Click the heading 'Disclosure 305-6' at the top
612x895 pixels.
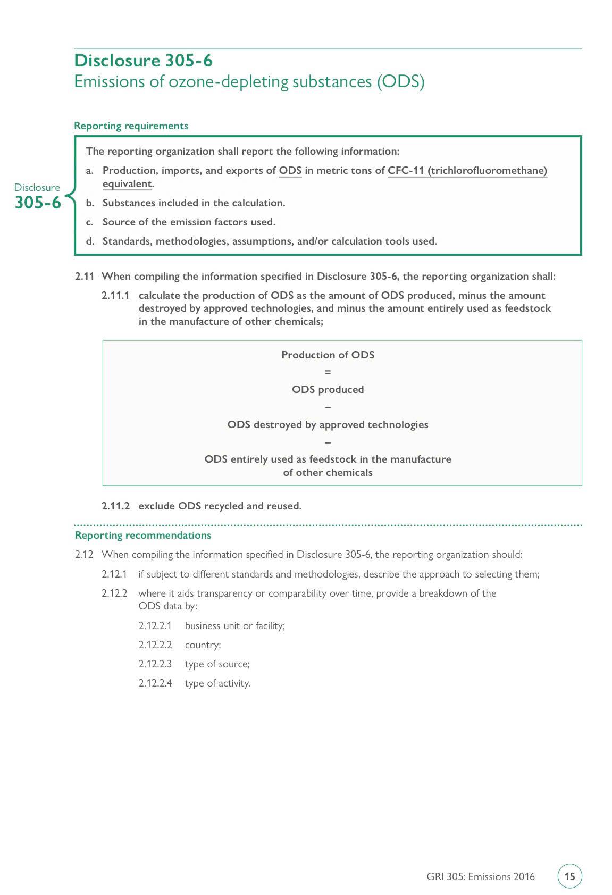[143, 61]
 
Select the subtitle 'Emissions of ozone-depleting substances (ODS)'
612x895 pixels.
[249, 82]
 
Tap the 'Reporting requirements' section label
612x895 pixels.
[131, 126]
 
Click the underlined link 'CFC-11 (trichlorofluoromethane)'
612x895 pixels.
[467, 171]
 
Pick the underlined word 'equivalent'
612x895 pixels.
[127, 184]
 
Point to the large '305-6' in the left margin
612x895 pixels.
[38, 203]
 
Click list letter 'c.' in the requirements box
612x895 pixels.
[90, 222]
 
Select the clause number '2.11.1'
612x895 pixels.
[115, 296]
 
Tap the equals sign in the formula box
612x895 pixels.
[328, 372]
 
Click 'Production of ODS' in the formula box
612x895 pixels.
[328, 355]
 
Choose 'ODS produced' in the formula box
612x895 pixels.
[328, 390]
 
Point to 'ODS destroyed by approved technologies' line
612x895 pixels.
[328, 425]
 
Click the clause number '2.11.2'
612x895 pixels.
[115, 506]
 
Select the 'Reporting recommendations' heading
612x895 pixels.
[142, 536]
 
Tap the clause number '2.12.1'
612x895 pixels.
[114, 574]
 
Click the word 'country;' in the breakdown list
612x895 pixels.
[203, 645]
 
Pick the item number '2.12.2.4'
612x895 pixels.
[155, 683]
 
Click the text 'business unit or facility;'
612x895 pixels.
[234, 626]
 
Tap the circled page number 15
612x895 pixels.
[569, 876]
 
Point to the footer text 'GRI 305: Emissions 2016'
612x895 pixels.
[480, 877]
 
